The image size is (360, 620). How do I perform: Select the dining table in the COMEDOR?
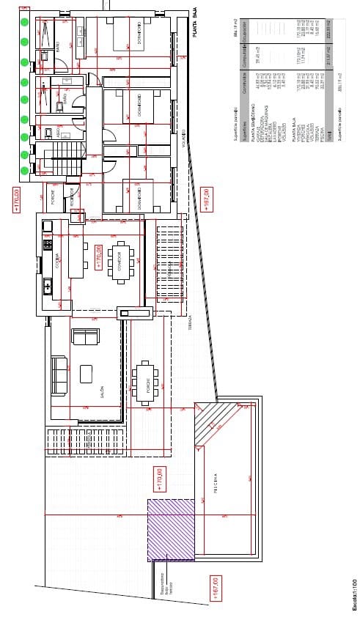[120, 260]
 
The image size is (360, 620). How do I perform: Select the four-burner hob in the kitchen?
[48, 244]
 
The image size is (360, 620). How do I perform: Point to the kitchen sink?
[48, 287]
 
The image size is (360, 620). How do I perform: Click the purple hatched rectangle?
[171, 528]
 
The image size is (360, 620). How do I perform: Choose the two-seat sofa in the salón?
[85, 337]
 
